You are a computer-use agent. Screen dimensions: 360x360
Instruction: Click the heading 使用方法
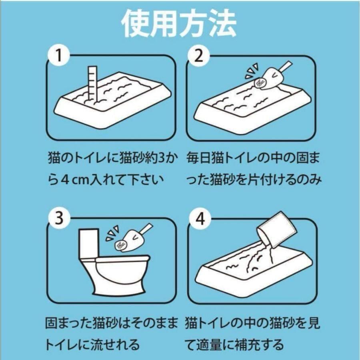pos(179,24)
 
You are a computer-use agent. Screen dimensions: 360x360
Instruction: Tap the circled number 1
pos(59,56)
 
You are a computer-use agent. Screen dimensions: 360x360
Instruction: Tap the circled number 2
pos(199,56)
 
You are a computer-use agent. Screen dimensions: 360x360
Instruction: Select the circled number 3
pos(60,218)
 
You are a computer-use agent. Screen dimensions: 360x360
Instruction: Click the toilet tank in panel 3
pos(89,244)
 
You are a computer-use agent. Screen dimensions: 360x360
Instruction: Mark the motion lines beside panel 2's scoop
pos(252,70)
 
